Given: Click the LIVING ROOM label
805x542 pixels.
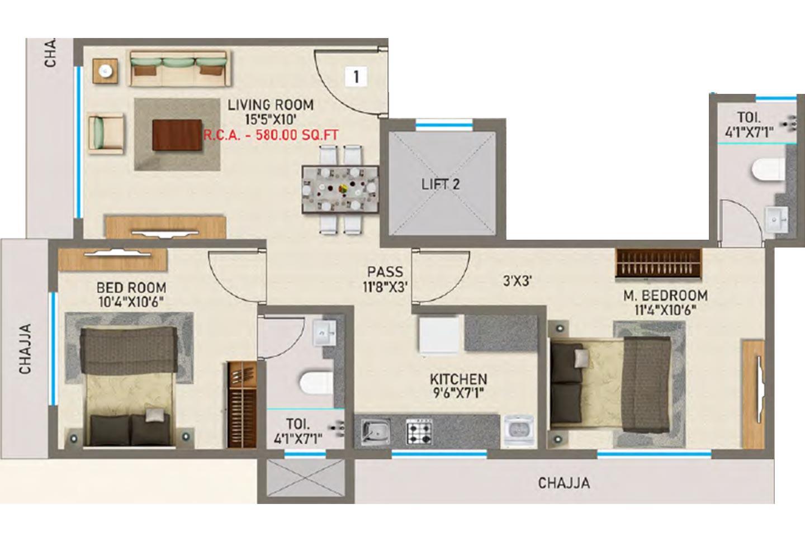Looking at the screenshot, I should tap(271, 105).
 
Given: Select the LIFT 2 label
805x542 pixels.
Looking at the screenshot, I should tap(441, 184).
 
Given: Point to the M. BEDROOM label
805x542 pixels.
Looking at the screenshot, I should tap(665, 295).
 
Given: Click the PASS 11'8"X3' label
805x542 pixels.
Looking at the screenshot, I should tap(385, 278).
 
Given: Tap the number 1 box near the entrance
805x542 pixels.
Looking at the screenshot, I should tap(356, 77).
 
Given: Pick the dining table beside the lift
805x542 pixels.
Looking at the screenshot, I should tap(340, 189).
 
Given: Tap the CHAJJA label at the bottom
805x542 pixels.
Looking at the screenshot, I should tap(563, 482).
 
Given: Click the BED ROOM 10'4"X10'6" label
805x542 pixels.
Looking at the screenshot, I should tap(131, 294).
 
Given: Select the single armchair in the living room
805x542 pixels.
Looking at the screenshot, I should tap(105, 132).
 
